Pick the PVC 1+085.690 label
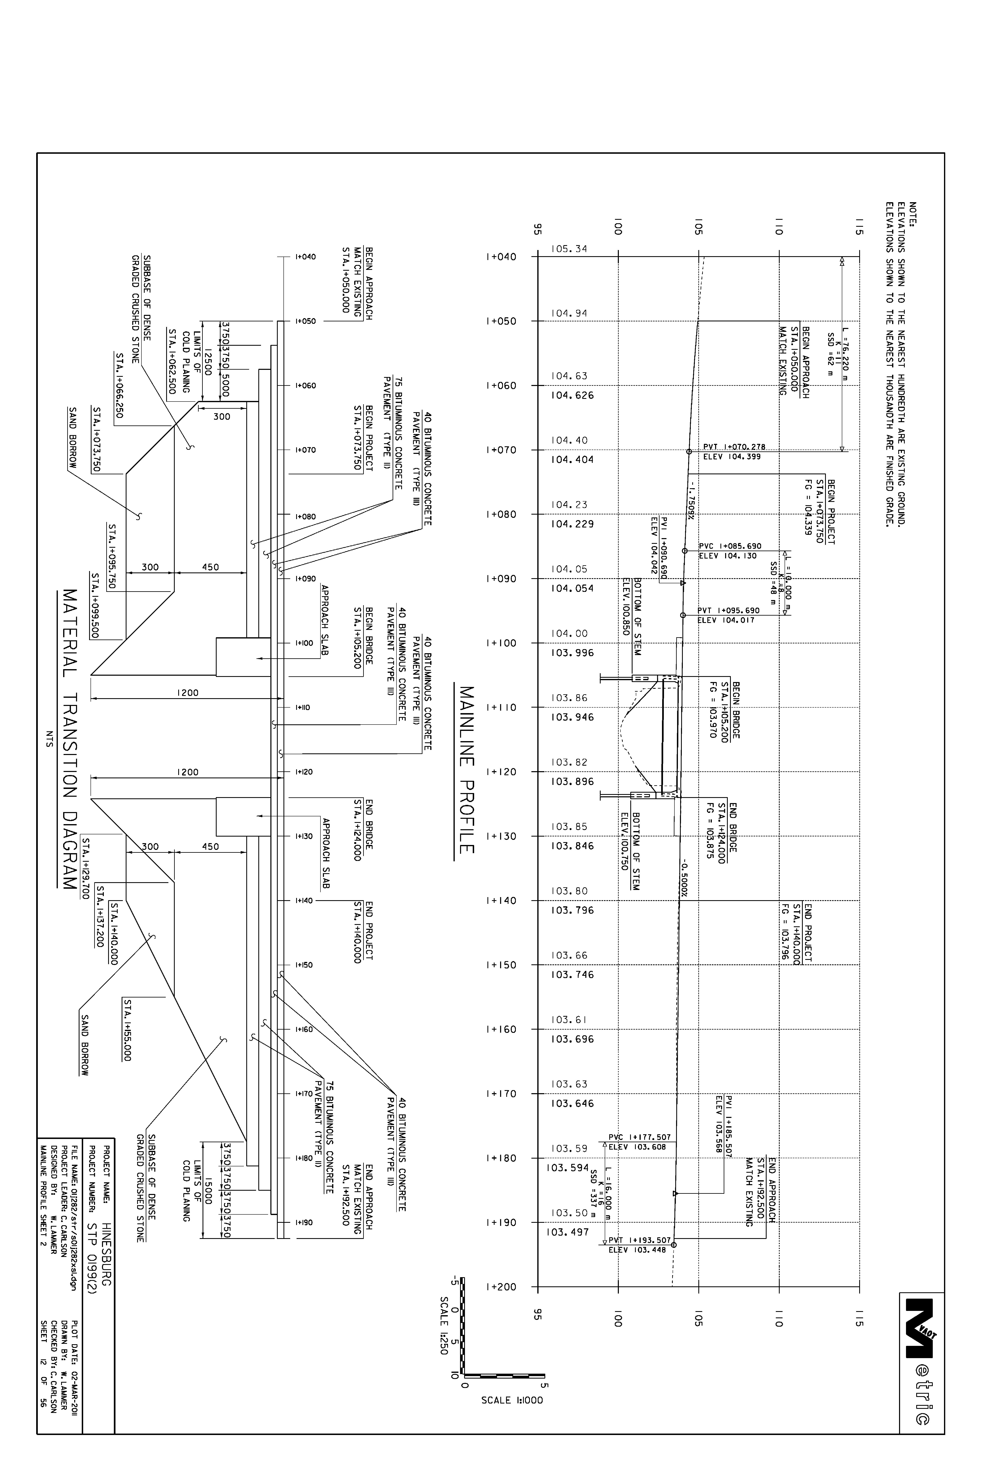click(730, 546)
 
